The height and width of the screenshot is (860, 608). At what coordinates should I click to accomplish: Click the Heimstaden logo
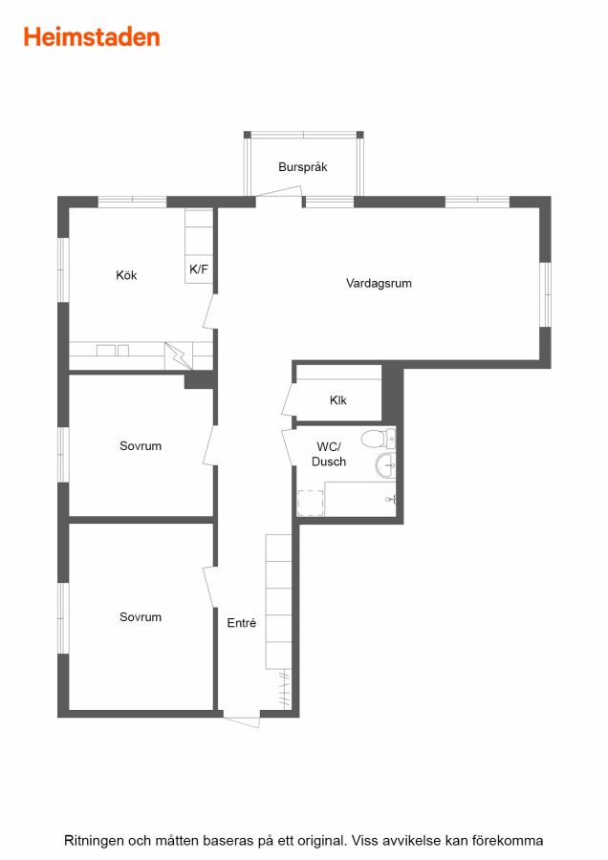tap(92, 37)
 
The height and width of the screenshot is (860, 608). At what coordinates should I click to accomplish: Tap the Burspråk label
tap(302, 166)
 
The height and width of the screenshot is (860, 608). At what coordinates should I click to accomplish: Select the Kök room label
tap(126, 275)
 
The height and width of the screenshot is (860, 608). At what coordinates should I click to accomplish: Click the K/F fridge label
tap(199, 269)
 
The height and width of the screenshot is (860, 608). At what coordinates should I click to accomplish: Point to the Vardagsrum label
tap(379, 283)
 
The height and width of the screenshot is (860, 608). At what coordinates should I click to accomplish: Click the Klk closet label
tap(338, 399)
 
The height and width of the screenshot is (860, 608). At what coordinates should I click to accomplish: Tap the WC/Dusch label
tap(329, 454)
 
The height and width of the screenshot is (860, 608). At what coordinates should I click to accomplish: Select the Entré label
tap(242, 622)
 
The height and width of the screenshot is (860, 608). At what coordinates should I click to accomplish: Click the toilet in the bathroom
tap(378, 439)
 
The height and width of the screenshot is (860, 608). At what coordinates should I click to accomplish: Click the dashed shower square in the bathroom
tap(310, 503)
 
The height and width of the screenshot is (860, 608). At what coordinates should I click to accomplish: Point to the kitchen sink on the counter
tap(113, 350)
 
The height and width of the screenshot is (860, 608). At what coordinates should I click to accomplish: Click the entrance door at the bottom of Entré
tap(242, 720)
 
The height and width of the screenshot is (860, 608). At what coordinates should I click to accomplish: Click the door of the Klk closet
tap(289, 398)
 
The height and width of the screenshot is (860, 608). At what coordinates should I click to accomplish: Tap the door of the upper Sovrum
tap(209, 445)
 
